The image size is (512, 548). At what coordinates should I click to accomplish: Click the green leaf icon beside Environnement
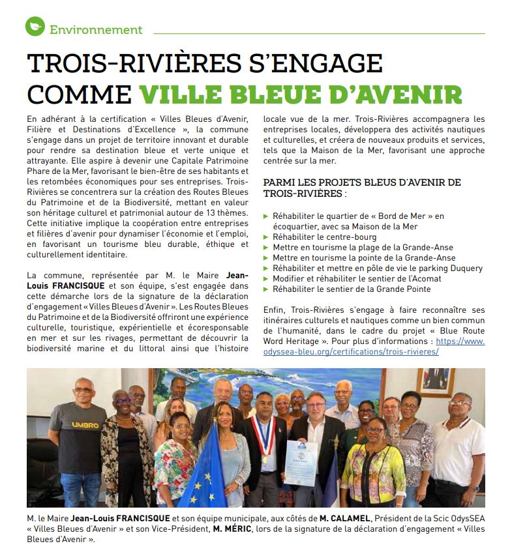35,27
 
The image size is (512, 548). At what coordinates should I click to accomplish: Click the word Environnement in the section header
96,29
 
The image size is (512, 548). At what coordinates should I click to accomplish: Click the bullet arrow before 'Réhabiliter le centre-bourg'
265,237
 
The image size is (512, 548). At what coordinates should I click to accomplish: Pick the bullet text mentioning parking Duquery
378,268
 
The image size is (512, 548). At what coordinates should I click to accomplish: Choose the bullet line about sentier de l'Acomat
365,279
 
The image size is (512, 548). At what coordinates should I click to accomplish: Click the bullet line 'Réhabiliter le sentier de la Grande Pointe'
352,289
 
